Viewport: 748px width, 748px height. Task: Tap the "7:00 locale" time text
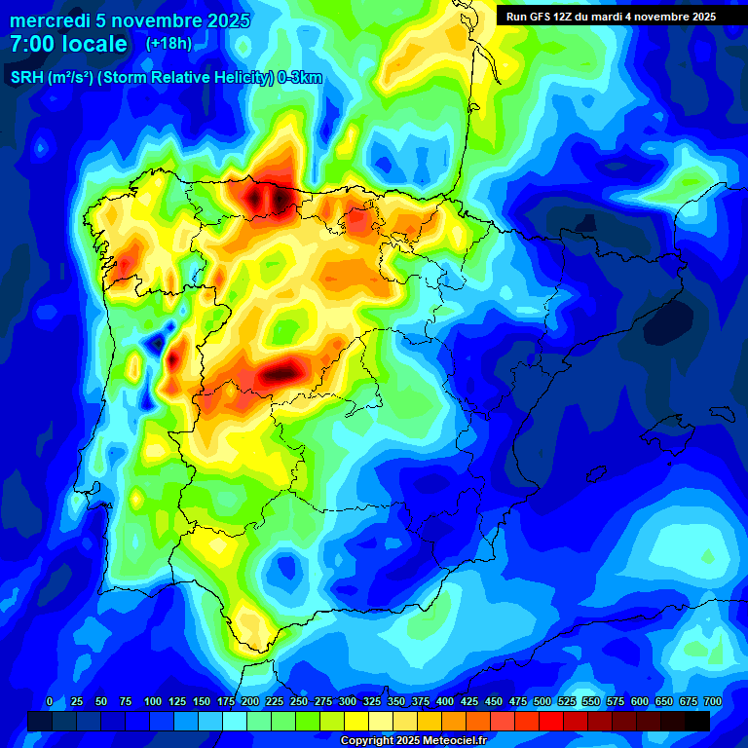(68, 44)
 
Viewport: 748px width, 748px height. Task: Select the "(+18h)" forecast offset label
(168, 43)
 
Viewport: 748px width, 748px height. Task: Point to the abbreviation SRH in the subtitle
(26, 78)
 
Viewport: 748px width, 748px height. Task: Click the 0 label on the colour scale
(50, 701)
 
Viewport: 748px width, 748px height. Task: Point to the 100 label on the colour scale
(153, 701)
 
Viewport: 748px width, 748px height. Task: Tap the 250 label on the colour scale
(299, 701)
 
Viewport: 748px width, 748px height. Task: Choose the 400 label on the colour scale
(445, 701)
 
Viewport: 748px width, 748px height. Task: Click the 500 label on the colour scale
(542, 701)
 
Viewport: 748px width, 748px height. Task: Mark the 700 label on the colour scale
(712, 701)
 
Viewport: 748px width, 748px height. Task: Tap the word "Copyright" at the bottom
(367, 741)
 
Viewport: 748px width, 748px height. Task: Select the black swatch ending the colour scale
(697, 721)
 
